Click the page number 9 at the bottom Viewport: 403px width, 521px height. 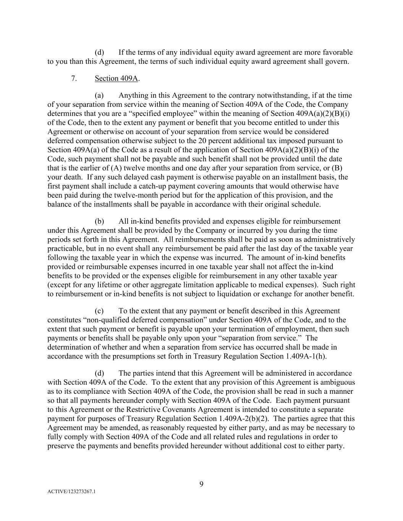click(201, 484)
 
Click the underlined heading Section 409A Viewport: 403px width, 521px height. click(117, 78)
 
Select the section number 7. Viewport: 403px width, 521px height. click(74, 78)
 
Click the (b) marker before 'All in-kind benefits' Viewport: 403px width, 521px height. click(99, 221)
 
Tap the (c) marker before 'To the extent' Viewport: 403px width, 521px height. click(99, 311)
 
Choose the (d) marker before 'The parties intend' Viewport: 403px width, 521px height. click(99, 373)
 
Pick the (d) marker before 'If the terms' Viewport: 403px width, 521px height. click(99, 52)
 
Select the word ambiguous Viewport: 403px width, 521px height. click(338, 382)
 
